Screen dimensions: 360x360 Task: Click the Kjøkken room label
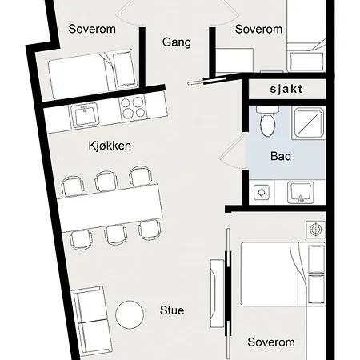110,146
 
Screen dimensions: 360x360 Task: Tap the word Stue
172,310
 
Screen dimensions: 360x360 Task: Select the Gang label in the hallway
177,42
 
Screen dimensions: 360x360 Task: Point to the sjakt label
286,89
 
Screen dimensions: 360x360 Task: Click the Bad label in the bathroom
281,156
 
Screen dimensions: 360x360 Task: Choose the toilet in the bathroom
267,121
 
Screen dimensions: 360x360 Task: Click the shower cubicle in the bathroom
309,123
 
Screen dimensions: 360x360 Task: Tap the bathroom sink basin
301,193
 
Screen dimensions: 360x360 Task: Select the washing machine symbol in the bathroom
262,192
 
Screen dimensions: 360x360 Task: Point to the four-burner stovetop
133,107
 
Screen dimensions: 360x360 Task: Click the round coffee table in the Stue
130,314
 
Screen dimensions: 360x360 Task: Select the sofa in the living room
92,321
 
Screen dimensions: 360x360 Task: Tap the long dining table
110,208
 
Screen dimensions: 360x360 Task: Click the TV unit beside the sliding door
217,294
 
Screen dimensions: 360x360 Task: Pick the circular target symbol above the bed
316,229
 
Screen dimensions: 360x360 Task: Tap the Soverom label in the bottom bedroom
271,342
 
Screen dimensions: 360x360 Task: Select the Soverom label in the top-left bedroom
92,29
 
